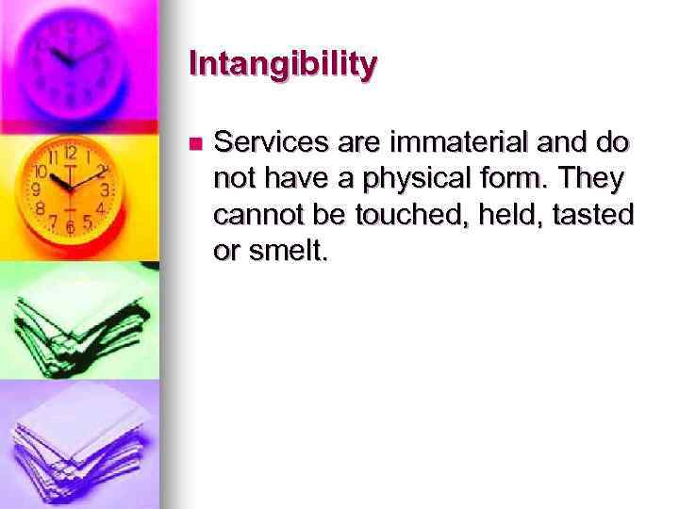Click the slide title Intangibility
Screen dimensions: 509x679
pyautogui.click(x=283, y=64)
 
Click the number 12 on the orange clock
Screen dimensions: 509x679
pyautogui.click(x=71, y=152)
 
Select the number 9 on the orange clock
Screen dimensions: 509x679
pyautogui.click(x=37, y=189)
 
